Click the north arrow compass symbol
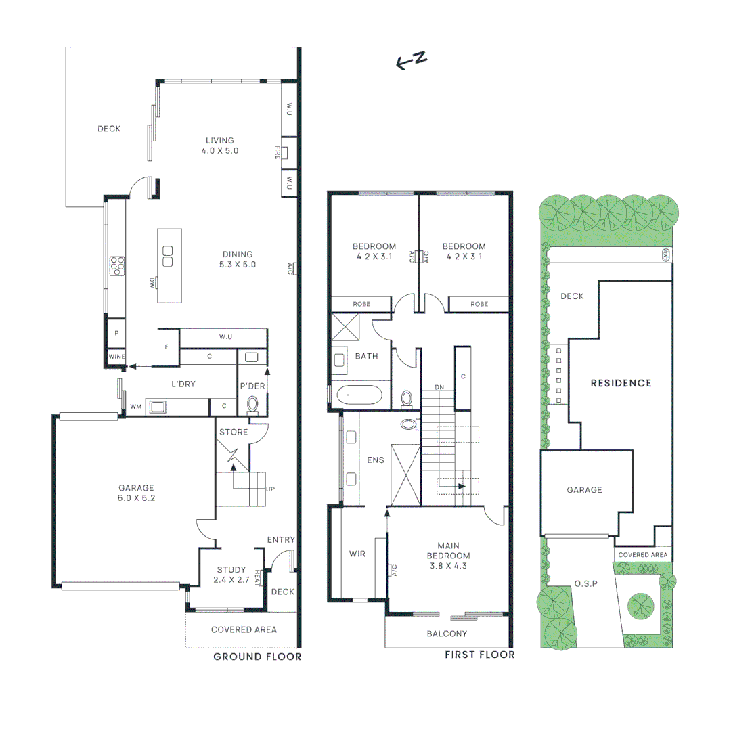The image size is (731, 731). click(412, 60)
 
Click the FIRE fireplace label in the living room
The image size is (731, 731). click(278, 152)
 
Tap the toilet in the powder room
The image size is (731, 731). click(253, 404)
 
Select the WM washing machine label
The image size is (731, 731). click(136, 407)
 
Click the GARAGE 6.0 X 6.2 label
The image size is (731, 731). click(136, 492)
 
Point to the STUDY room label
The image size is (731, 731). click(231, 570)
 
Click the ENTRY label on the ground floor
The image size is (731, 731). click(281, 539)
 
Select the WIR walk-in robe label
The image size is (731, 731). click(357, 554)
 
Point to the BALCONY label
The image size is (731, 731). click(447, 634)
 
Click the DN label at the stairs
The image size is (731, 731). click(439, 387)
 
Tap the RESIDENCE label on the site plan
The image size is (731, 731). click(621, 383)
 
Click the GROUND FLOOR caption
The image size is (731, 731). click(257, 657)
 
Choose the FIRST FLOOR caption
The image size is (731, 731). click(479, 655)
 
